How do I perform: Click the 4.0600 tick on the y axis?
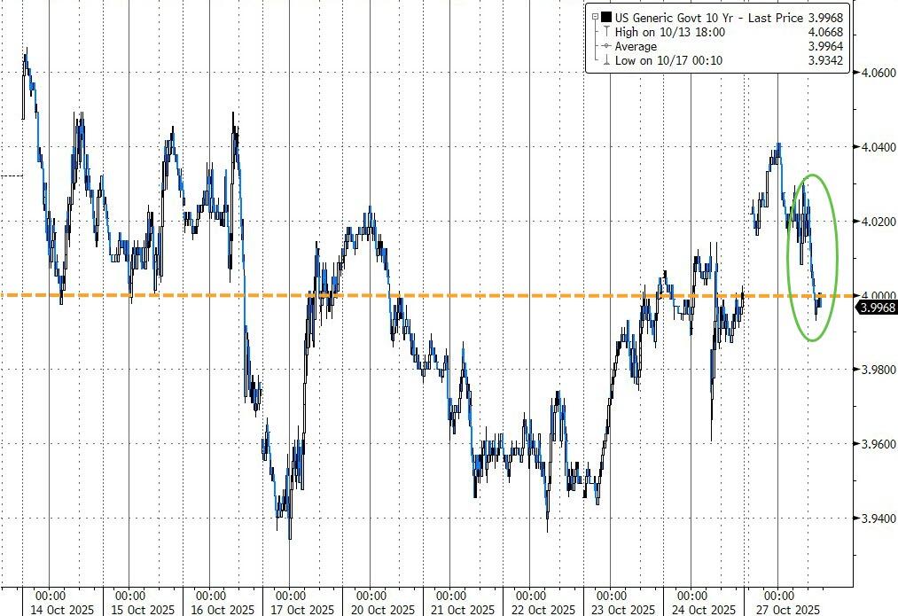876,73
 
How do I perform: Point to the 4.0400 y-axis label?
876,147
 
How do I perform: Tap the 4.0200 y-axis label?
876,221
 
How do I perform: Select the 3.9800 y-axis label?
876,370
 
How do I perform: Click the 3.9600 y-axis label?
876,444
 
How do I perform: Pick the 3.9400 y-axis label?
876,519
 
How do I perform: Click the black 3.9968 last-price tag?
876,308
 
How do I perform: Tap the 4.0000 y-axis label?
876,295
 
